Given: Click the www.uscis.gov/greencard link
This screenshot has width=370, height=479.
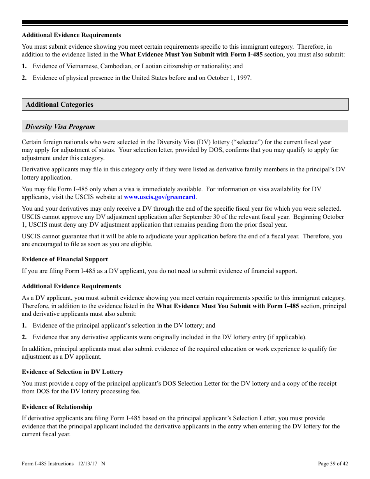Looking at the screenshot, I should (x=159, y=197).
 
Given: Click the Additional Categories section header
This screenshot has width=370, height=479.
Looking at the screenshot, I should (x=60, y=104).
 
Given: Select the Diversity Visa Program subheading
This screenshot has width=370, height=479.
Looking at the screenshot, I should (x=60, y=127).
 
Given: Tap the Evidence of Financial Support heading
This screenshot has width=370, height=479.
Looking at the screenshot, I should (x=65, y=259).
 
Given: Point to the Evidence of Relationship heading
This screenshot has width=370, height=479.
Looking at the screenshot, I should (x=57, y=407).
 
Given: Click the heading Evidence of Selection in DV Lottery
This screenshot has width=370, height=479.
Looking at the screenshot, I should (x=72, y=372).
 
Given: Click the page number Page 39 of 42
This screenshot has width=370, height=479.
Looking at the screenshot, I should (x=333, y=463).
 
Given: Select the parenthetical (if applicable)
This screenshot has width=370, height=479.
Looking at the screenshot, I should (x=286, y=337).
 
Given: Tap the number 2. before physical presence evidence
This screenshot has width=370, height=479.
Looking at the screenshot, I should (x=24, y=78).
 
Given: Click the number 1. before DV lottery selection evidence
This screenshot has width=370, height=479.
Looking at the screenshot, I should (x=24, y=326).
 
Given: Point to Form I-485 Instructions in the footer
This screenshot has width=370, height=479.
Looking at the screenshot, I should (x=48, y=463).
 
